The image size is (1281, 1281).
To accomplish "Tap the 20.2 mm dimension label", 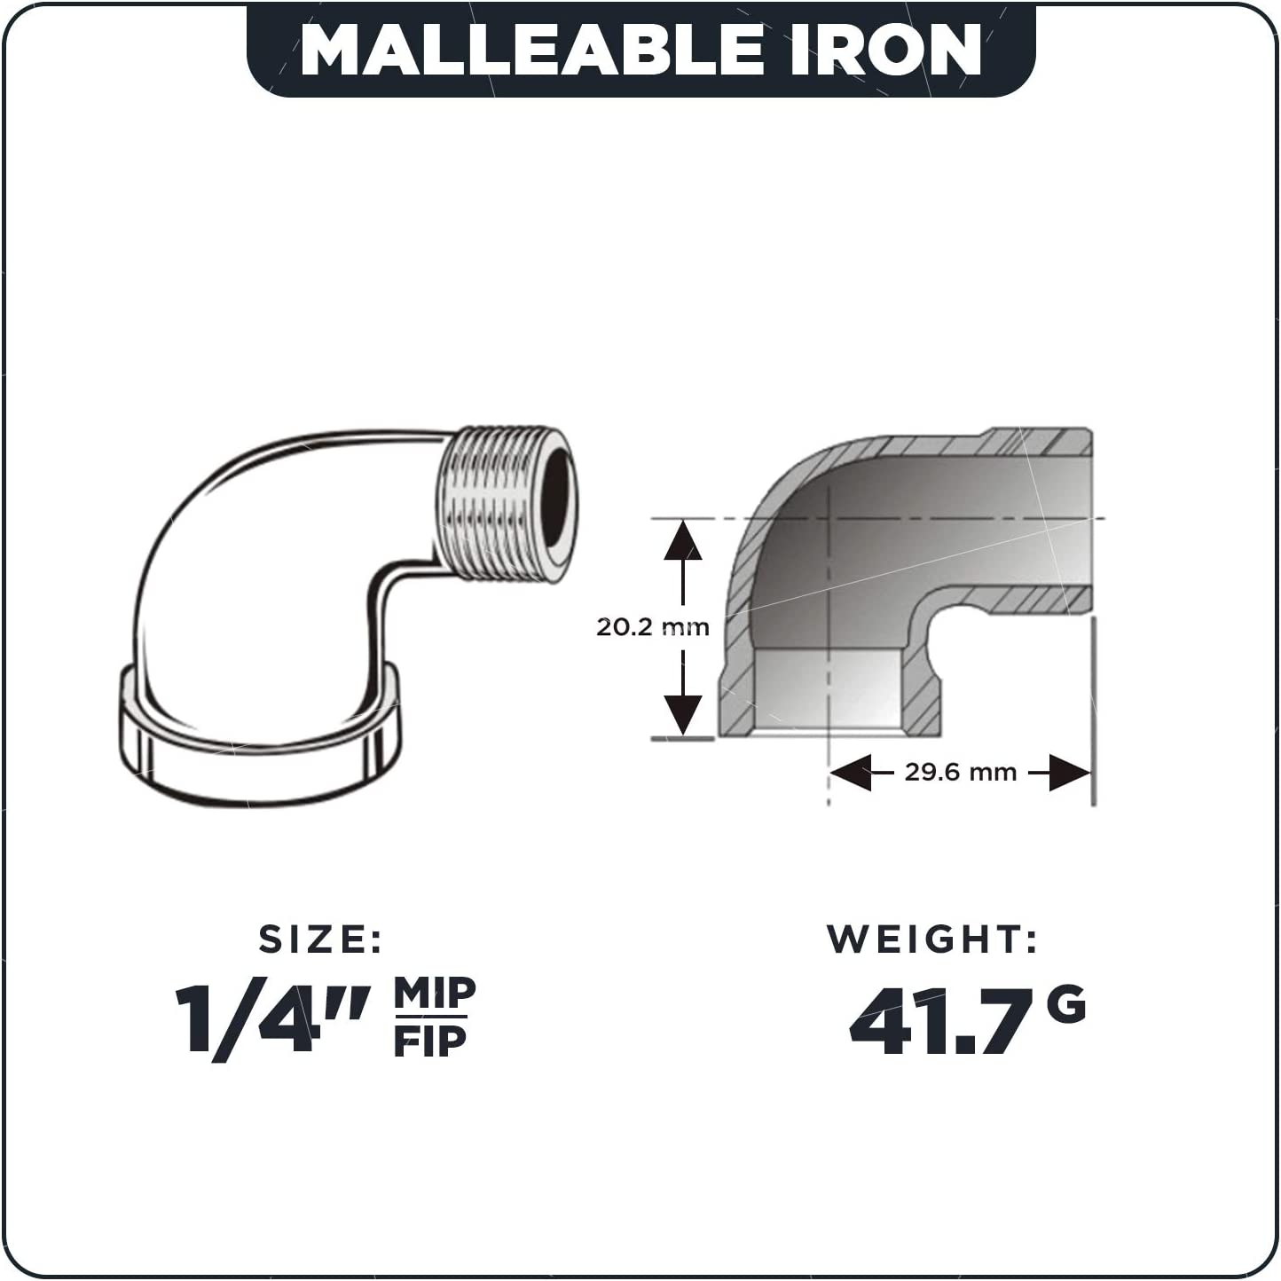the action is (652, 627).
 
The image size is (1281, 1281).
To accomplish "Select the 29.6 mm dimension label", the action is (960, 772).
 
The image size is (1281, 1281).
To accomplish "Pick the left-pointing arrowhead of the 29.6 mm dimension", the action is (851, 773).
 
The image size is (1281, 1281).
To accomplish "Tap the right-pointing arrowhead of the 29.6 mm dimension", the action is (1070, 773).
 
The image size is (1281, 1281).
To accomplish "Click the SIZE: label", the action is (320, 939).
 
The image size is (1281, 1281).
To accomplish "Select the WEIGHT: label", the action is (932, 939).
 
